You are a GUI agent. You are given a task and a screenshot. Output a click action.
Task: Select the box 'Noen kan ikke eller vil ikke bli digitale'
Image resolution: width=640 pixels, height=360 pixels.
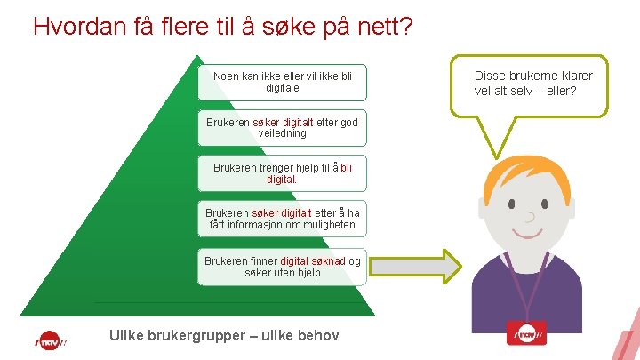point(283,82)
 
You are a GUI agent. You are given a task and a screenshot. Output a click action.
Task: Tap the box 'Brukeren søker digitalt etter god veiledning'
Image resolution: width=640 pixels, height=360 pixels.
point(282,127)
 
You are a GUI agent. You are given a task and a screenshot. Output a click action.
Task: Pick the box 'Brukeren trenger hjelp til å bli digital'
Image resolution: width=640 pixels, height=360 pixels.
point(283,172)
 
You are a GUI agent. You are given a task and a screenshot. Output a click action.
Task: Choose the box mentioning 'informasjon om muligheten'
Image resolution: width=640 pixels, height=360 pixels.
point(282,219)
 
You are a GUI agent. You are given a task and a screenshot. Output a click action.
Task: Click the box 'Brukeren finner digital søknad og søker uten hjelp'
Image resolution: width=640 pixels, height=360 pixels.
point(282,267)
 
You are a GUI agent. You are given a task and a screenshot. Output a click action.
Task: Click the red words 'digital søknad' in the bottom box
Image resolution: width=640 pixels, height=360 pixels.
point(313,260)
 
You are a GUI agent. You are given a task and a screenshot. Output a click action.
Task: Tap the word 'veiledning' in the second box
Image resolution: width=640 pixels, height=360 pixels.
point(282,133)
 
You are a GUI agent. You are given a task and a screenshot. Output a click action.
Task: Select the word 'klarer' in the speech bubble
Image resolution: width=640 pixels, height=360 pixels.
point(574,76)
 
